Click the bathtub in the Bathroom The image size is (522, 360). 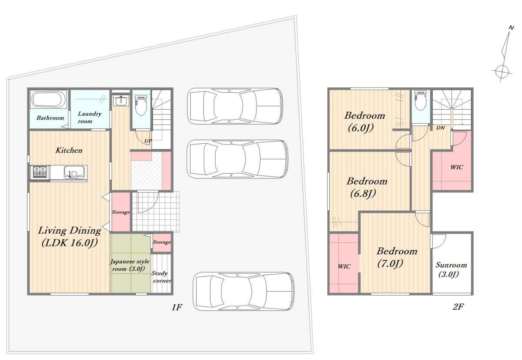(x=49, y=100)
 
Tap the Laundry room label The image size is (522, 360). (x=89, y=117)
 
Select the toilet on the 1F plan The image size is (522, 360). (x=141, y=106)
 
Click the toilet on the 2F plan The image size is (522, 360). (x=421, y=100)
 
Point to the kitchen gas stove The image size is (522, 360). (x=40, y=172)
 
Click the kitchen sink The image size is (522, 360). (x=74, y=172)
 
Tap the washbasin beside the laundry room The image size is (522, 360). (x=121, y=101)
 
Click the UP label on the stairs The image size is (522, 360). (x=148, y=141)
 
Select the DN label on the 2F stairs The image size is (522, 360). (x=440, y=128)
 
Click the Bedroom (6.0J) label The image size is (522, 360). (x=364, y=121)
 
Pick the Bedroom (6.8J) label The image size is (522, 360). (x=367, y=187)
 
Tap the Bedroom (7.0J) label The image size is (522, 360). (x=397, y=257)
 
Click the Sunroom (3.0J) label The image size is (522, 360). (x=451, y=270)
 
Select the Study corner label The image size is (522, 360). (x=161, y=277)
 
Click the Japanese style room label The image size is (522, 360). (x=130, y=265)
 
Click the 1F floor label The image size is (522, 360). (x=177, y=307)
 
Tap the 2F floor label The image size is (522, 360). (x=458, y=306)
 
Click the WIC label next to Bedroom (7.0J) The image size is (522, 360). (x=344, y=266)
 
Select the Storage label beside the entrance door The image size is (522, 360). (x=121, y=212)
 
